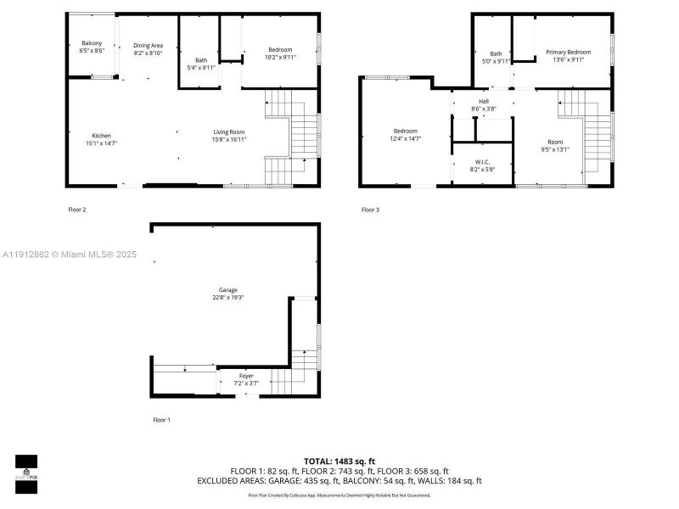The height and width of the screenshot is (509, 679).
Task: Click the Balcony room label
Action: point(92,43)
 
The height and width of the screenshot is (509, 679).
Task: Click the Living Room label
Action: point(228,131)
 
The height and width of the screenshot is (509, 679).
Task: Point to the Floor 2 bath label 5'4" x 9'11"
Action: point(201,64)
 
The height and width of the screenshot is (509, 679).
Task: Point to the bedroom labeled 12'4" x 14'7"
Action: point(405,134)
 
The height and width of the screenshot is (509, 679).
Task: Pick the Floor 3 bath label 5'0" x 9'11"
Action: point(496,57)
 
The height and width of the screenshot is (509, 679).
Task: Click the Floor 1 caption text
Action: point(161,420)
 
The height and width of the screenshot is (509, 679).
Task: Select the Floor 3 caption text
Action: point(370,210)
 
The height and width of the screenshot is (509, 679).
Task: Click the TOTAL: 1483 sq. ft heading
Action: point(339,461)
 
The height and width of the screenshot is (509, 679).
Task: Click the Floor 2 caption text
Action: point(77,209)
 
